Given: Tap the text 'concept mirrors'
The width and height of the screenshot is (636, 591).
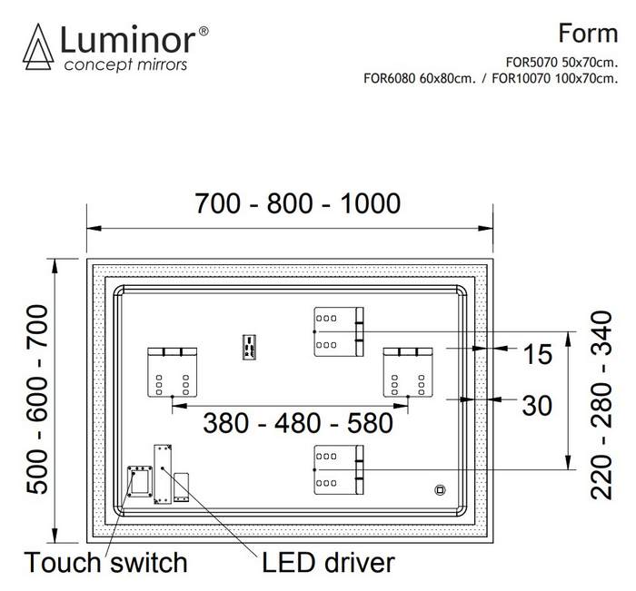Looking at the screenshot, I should pos(124,65).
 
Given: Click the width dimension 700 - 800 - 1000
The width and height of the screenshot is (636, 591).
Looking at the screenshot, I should pos(297,203).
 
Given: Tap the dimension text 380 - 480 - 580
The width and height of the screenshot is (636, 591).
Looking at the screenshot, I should pos(297,422).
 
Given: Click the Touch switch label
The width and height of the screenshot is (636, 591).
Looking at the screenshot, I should pos(105,563).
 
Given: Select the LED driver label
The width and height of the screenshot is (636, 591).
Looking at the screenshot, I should pos(328,563).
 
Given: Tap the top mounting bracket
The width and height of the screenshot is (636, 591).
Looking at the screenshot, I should pos(339,332).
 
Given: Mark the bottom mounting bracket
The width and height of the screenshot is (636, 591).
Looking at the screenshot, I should pos(339,469).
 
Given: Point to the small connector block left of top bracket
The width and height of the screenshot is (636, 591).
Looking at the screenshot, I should pos(247,347).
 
